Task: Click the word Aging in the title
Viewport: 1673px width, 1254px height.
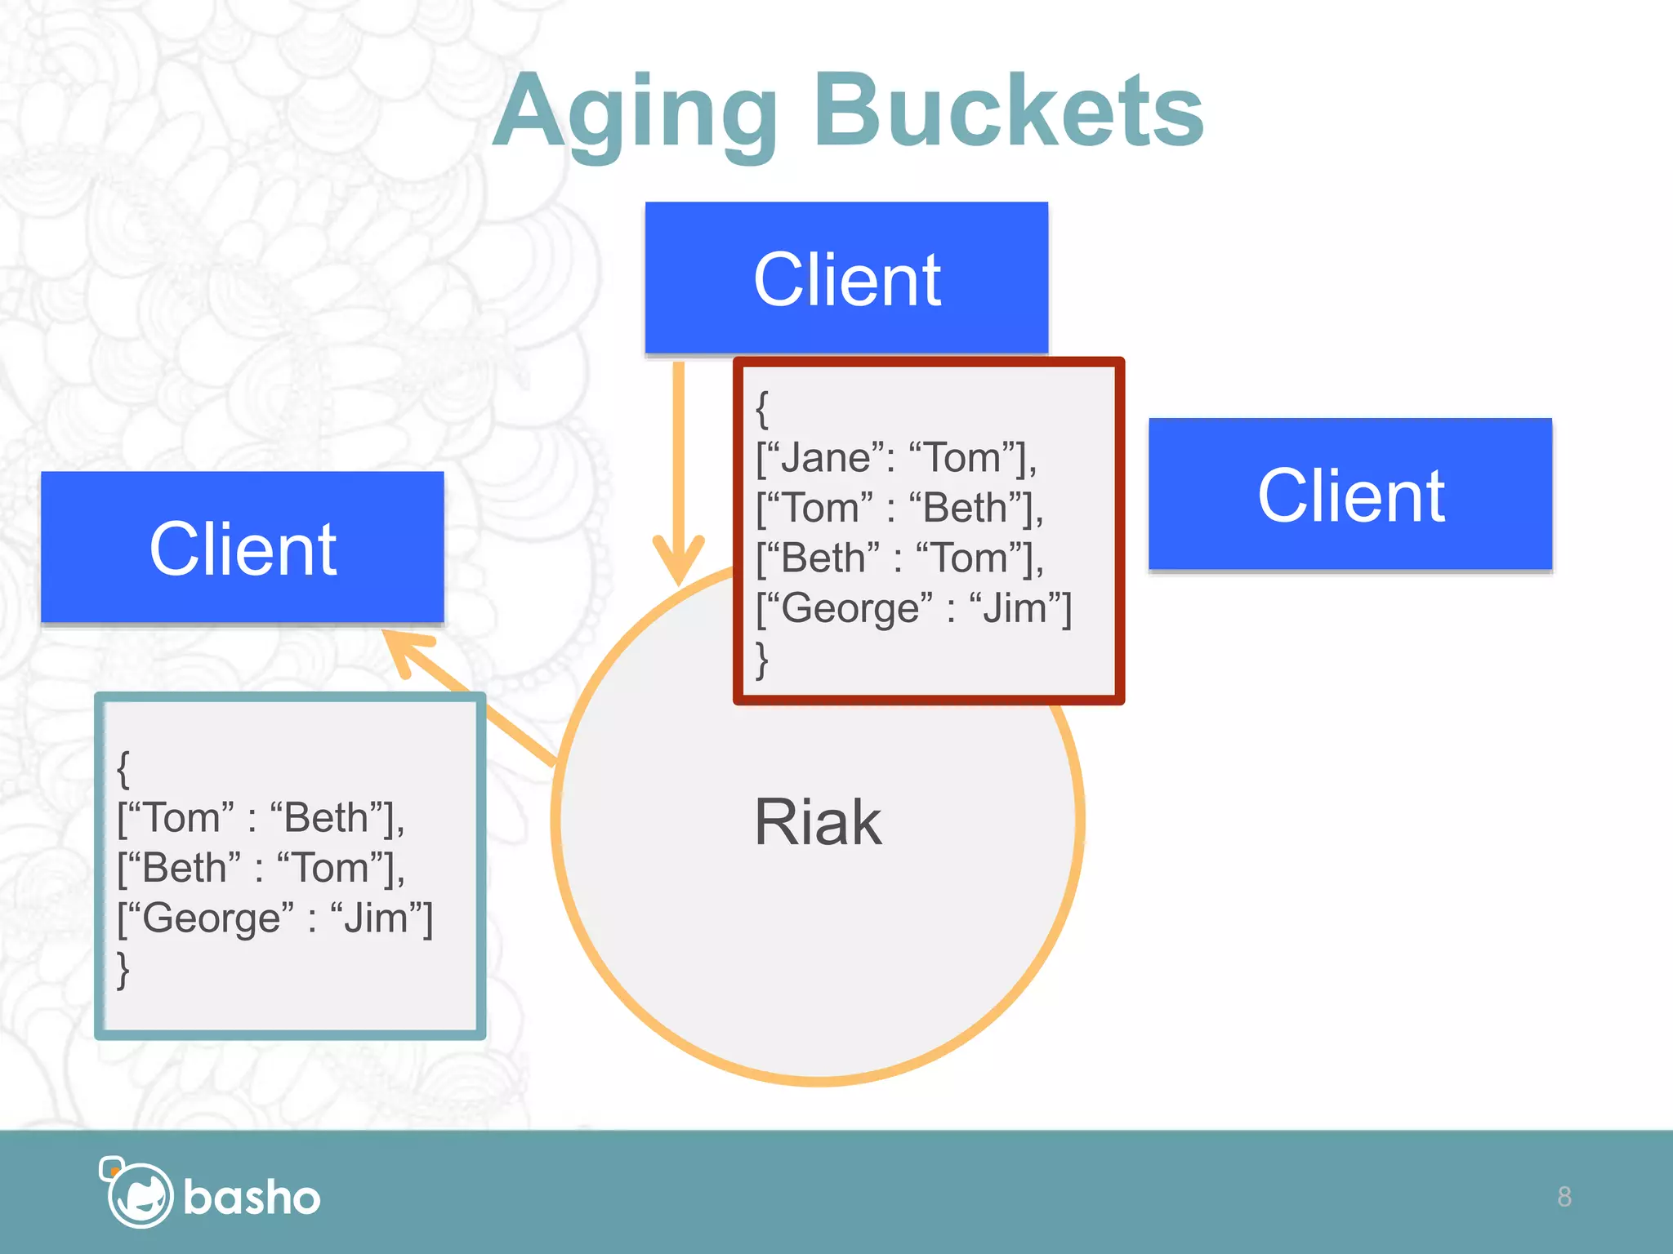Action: tap(636, 114)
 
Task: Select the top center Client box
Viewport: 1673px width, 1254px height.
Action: tap(846, 278)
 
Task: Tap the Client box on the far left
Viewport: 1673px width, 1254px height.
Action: tap(243, 548)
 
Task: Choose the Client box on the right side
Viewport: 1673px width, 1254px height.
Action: tap(1350, 495)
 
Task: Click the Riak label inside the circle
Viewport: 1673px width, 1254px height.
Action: tap(818, 822)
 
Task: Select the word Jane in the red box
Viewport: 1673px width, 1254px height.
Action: tap(826, 458)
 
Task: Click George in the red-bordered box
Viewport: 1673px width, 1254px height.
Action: tap(851, 609)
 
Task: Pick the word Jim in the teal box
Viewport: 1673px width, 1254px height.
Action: tap(376, 919)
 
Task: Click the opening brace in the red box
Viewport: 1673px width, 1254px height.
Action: tap(762, 409)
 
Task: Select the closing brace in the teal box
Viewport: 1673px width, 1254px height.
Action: tap(123, 970)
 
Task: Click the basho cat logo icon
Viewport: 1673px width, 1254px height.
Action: tap(136, 1194)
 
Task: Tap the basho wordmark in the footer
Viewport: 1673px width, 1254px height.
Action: tap(252, 1198)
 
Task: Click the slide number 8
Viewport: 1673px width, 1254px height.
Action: tap(1564, 1197)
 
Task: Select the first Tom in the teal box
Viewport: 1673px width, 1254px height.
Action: tap(181, 818)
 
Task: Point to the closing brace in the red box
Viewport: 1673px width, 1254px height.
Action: tap(762, 660)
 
